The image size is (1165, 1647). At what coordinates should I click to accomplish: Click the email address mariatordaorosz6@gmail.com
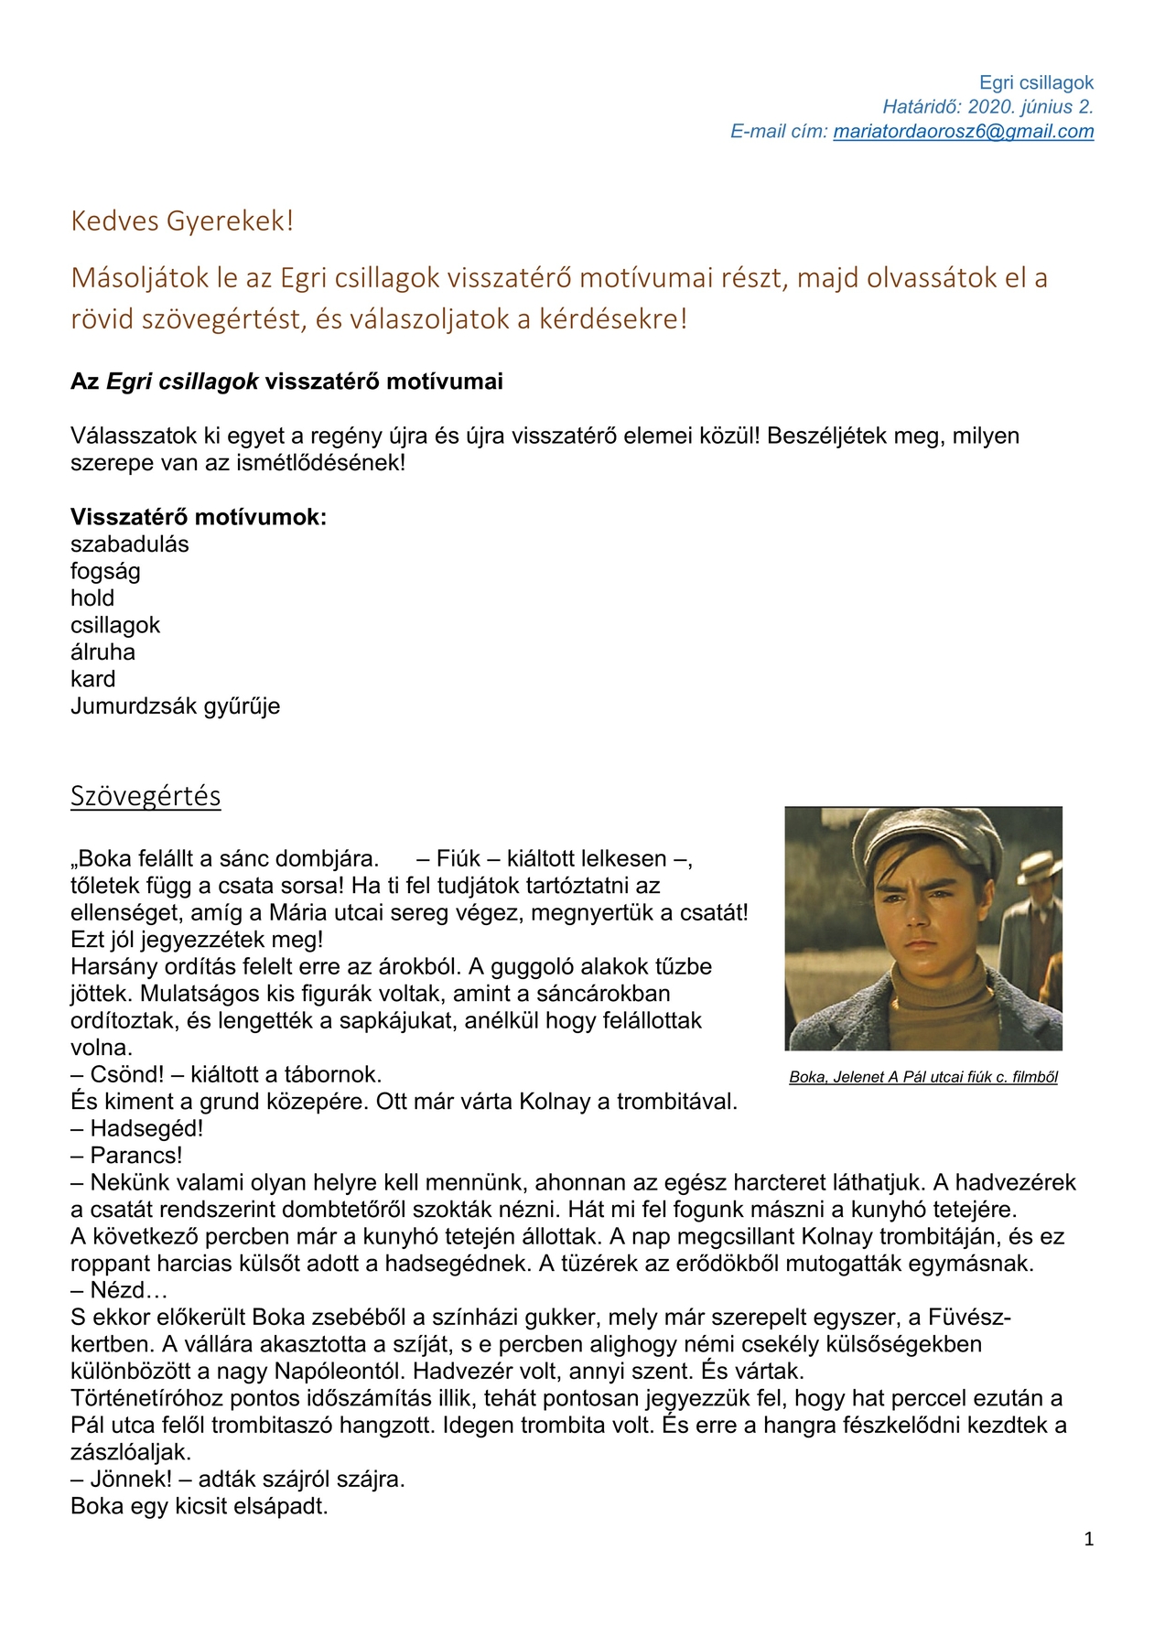[963, 131]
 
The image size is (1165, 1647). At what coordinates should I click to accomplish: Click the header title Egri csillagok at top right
[1036, 83]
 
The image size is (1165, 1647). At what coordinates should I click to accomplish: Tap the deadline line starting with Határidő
[987, 107]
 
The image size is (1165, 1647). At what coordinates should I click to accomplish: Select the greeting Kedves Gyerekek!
[182, 221]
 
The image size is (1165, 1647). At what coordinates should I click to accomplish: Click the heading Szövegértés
[146, 796]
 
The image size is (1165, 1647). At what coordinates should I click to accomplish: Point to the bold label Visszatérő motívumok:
[199, 517]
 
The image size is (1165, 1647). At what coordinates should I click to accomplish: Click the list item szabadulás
[130, 544]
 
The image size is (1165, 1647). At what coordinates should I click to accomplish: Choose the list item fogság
[105, 572]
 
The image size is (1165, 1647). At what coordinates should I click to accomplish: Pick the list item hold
[92, 598]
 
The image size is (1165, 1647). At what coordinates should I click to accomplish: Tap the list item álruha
[102, 652]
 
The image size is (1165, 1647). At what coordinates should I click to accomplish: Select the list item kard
[93, 679]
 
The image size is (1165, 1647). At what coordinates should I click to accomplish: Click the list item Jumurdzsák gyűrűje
[175, 706]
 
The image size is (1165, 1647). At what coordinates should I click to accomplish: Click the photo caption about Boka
[922, 1077]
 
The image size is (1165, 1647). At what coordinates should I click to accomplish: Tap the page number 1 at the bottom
[1088, 1539]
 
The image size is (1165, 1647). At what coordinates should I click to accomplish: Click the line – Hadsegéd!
[137, 1128]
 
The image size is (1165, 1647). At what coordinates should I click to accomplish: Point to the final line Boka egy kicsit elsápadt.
[199, 1506]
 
